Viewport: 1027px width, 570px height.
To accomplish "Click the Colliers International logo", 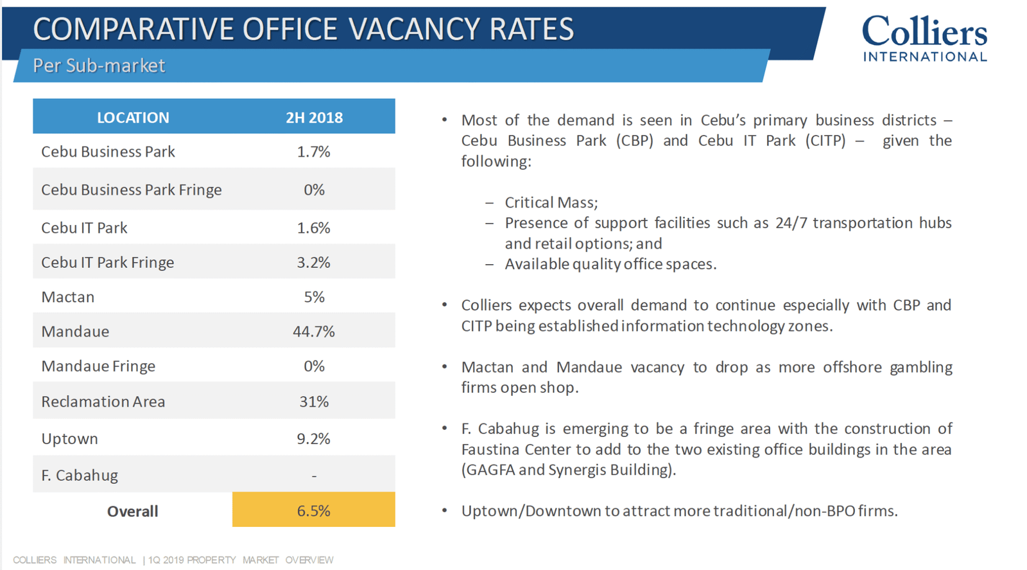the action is pos(925,38).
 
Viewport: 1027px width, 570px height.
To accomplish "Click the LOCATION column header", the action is pos(133,118).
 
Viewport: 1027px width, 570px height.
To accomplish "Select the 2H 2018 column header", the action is pos(314,118).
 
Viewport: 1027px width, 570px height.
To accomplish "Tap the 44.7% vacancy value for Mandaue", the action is pos(314,332).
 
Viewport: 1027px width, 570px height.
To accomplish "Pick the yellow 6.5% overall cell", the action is pos(314,510).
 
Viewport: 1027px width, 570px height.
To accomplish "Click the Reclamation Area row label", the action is pos(103,402).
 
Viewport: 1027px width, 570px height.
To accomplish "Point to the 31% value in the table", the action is pos(314,402).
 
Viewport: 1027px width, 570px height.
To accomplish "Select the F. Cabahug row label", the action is pos(80,476).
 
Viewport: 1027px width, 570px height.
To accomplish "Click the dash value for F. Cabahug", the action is pos(314,476).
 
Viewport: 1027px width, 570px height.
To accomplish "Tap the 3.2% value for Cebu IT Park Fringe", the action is pos(314,263).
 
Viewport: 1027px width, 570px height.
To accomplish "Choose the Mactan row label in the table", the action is pos(68,297).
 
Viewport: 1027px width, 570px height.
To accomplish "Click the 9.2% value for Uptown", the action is pos(314,439).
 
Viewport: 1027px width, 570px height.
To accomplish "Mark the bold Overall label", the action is pos(132,512).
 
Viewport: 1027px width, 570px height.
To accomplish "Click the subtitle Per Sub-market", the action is pos(99,66).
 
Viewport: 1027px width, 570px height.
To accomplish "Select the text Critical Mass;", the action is pos(551,202).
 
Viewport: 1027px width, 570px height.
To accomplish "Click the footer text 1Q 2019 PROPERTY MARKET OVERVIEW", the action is pos(241,560).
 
